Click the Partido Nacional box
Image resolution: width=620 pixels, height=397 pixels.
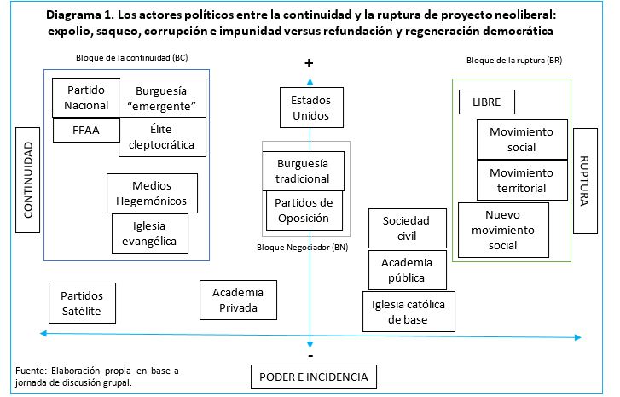click(86, 97)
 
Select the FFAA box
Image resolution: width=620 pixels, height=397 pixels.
click(86, 131)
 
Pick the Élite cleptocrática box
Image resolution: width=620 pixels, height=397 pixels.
click(163, 137)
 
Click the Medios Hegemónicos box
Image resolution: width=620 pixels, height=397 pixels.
click(153, 194)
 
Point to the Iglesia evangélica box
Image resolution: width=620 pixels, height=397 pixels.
click(149, 234)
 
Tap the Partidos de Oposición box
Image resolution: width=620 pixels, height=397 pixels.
click(304, 210)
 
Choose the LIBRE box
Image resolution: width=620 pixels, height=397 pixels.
click(486, 102)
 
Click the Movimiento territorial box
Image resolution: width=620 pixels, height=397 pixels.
click(521, 180)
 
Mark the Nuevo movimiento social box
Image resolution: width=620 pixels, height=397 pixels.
click(509, 230)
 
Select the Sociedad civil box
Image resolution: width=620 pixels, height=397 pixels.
click(406, 227)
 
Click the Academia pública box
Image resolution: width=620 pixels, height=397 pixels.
click(407, 270)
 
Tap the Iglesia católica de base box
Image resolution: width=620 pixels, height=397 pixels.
click(407, 312)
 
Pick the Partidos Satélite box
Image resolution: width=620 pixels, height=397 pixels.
click(81, 303)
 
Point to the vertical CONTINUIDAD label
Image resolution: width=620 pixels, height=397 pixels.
click(28, 180)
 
